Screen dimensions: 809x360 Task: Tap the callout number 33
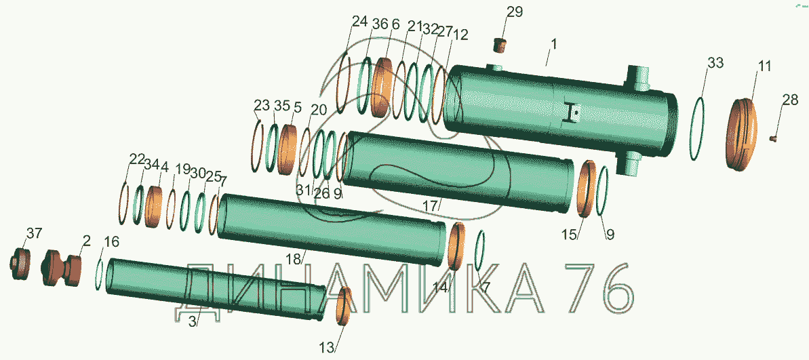tap(715, 64)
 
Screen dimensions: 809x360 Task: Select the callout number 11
tap(764, 66)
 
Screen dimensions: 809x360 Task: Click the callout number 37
tap(34, 234)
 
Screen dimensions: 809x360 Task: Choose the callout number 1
tap(553, 44)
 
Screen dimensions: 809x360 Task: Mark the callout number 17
tap(431, 205)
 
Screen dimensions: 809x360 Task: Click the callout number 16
tap(111, 242)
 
